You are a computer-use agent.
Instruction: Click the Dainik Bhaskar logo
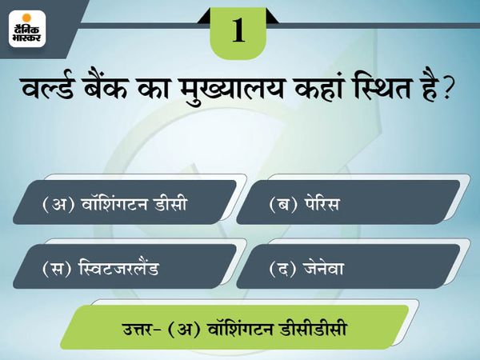[27, 29]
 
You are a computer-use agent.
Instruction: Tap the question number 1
[238, 30]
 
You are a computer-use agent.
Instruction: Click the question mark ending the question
[446, 89]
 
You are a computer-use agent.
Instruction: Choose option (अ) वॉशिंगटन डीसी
[125, 202]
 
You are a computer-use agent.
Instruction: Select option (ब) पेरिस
[348, 202]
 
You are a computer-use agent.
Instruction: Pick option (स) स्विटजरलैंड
[125, 266]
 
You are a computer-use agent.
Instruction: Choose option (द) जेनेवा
[348, 266]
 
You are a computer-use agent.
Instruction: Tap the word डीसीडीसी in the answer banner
[313, 328]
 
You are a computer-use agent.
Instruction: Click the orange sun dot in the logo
[27, 18]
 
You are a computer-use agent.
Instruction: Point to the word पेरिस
[322, 202]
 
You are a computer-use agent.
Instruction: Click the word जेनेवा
[323, 267]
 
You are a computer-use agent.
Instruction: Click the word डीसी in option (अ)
[170, 202]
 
